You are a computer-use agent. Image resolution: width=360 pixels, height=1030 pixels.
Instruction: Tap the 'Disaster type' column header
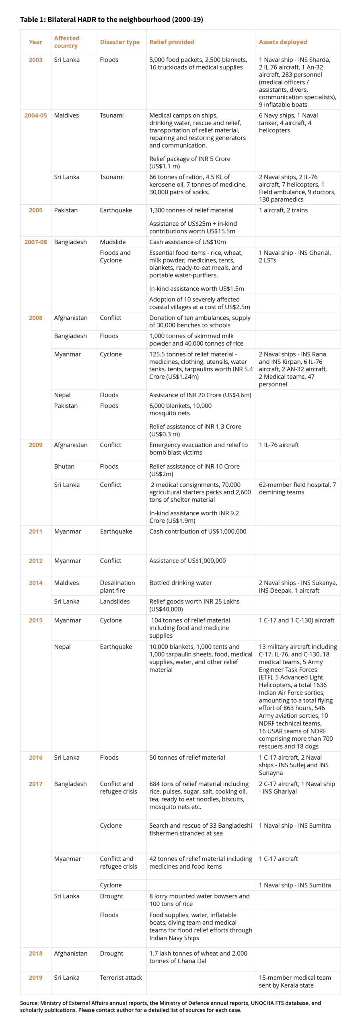pyautogui.click(x=119, y=42)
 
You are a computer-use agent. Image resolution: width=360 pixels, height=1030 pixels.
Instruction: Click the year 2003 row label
pyautogui.click(x=35, y=60)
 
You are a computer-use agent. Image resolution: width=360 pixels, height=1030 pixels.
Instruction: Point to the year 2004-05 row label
pyautogui.click(x=35, y=115)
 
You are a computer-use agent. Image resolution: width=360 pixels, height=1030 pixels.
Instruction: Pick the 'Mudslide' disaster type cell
pyautogui.click(x=113, y=242)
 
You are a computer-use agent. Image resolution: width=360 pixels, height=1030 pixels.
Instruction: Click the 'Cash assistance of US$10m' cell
pyautogui.click(x=187, y=242)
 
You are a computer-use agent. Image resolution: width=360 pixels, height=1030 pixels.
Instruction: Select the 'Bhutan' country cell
pyautogui.click(x=64, y=466)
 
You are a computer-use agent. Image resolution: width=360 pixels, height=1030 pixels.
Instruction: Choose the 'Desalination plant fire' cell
pyautogui.click(x=117, y=586)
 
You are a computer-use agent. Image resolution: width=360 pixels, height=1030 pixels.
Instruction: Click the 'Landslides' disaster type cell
pyautogui.click(x=115, y=601)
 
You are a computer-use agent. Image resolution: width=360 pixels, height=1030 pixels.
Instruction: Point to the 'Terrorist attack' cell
pyautogui.click(x=121, y=977)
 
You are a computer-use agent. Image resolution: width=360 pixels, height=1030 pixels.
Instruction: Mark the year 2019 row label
pyautogui.click(x=35, y=977)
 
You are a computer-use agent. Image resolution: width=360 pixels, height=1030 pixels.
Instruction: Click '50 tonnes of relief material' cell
pyautogui.click(x=187, y=757)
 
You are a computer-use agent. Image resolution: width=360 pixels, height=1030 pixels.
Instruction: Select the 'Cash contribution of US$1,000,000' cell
pyautogui.click(x=197, y=531)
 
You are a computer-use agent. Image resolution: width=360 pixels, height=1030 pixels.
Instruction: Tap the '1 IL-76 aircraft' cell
pyautogui.click(x=279, y=445)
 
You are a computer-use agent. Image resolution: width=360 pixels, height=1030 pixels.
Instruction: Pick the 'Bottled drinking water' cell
pyautogui.click(x=181, y=583)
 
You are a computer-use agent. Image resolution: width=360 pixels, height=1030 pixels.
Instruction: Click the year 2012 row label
pyautogui.click(x=35, y=560)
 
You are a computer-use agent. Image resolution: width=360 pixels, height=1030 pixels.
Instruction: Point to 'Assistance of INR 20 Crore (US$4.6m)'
pyautogui.click(x=200, y=395)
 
